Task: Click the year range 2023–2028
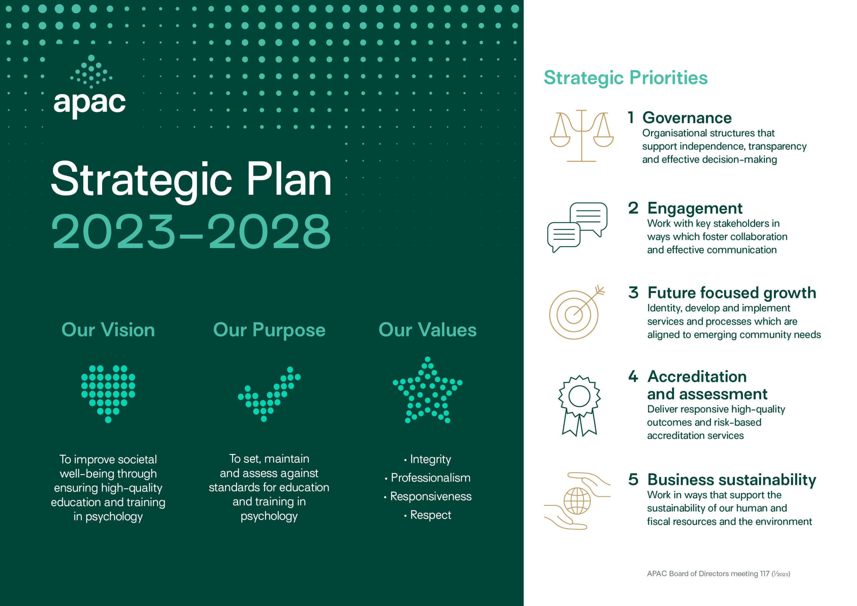(191, 232)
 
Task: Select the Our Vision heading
(108, 330)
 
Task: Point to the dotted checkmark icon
(269, 394)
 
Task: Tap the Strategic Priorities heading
(626, 78)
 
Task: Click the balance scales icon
(581, 136)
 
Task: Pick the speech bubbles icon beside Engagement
(577, 227)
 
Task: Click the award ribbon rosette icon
(579, 405)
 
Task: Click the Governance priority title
(687, 118)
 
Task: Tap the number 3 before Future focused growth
(633, 293)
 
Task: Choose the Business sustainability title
(731, 480)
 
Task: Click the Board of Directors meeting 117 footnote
(718, 574)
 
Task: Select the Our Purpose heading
(269, 330)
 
